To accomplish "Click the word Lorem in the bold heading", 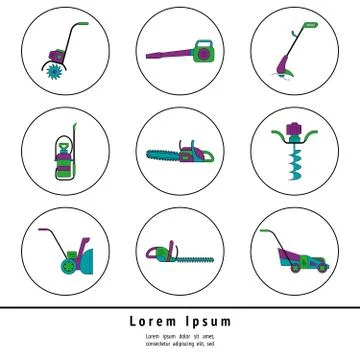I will click(x=155, y=321).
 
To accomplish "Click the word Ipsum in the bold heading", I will click(x=209, y=321).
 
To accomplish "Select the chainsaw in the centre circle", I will click(x=181, y=154).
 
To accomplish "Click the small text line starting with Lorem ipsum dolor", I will click(x=180, y=335).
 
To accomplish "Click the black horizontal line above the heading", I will click(x=180, y=306).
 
